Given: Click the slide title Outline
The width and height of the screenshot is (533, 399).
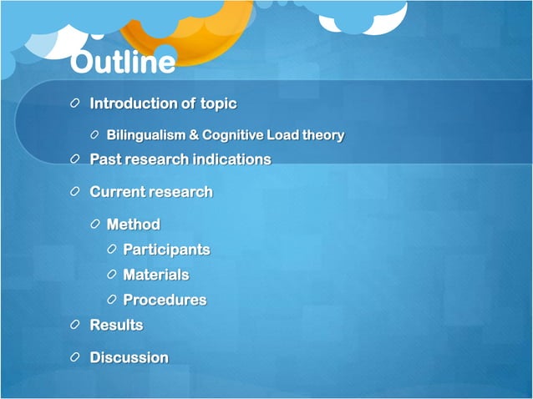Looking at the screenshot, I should click(122, 63).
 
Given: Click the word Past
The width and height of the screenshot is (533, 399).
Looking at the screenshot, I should click(105, 159).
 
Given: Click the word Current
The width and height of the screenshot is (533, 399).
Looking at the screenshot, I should click(117, 192).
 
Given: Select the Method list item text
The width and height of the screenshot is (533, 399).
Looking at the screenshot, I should click(133, 225).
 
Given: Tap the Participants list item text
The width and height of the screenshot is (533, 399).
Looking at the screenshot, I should click(166, 250).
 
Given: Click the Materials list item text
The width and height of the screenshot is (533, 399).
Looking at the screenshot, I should click(155, 275).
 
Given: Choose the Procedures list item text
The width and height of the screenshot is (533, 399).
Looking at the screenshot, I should click(164, 300).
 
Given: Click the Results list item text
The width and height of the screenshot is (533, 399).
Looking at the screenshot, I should click(116, 325).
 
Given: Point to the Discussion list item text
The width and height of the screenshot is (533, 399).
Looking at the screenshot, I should click(129, 357).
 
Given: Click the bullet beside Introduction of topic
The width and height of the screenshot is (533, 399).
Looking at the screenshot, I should click(76, 104).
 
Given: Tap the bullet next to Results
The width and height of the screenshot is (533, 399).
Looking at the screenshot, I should click(76, 325).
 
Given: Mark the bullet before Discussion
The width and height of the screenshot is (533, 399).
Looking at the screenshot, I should click(76, 357).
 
